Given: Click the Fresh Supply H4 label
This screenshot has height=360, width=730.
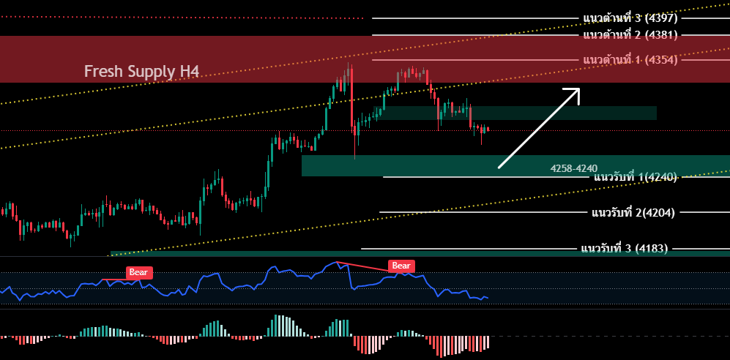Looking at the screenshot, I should click(141, 71).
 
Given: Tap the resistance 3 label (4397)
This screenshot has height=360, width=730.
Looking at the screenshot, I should click(630, 18).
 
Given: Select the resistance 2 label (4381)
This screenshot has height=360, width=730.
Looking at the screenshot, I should click(630, 34).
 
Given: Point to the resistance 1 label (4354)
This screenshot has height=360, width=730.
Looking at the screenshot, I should click(630, 59).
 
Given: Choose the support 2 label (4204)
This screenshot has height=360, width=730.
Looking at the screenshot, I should click(633, 212).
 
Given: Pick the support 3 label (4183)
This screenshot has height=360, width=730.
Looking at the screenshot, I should click(624, 248).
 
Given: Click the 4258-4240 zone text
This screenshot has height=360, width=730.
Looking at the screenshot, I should click(574, 168).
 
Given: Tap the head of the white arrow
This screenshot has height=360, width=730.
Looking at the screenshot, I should click(576, 91).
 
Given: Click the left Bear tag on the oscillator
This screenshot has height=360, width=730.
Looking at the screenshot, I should click(138, 272).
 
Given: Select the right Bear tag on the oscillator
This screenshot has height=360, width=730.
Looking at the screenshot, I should click(401, 266).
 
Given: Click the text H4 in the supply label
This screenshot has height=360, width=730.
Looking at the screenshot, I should click(189, 71).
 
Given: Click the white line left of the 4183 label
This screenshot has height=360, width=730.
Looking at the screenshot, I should click(476, 248).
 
